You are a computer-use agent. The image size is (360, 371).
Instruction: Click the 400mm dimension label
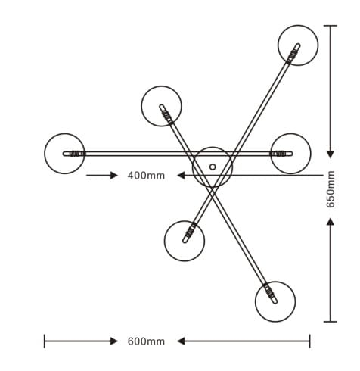(146, 176)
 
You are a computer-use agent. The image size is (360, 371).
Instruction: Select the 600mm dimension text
(146, 341)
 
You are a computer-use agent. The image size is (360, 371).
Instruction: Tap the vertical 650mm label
(331, 189)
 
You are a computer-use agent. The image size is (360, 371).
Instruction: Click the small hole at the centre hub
(213, 167)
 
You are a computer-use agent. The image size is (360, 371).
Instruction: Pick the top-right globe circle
(278, 45)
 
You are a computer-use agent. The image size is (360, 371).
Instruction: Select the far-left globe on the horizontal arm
(45, 154)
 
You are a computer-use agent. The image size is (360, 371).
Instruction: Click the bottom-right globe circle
(255, 301)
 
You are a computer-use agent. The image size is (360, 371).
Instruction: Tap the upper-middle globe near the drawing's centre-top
(141, 106)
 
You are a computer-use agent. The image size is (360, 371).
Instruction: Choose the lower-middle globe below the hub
(164, 241)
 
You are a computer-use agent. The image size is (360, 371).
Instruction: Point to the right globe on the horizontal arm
(311, 154)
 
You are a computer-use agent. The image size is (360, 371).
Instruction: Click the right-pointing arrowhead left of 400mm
(114, 175)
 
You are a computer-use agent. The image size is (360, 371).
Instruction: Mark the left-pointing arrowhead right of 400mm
(181, 175)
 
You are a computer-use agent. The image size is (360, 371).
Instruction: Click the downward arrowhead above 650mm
(331, 154)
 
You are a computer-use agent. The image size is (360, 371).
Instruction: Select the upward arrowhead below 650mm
(331, 222)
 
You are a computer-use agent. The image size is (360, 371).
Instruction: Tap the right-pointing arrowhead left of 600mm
(114, 341)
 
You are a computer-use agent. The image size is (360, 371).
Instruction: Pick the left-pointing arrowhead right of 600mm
(181, 341)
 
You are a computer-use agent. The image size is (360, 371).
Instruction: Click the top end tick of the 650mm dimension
(331, 26)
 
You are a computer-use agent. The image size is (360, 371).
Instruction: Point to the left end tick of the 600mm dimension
(45, 341)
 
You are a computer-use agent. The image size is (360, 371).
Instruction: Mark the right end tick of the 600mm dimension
(310, 341)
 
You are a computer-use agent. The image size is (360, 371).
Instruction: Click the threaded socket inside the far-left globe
(75, 154)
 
